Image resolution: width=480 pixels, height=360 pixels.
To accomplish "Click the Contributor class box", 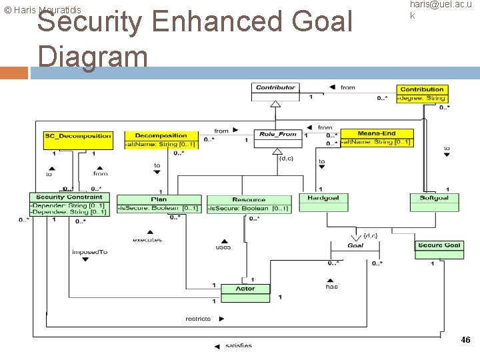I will click(275, 91).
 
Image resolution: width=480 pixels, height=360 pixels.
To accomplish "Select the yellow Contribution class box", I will click(421, 93).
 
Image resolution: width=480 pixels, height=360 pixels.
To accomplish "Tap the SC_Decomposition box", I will click(77, 139).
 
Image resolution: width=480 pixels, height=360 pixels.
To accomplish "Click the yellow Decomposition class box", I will click(161, 139).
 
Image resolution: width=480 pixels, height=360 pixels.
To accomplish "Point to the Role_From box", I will click(277, 138).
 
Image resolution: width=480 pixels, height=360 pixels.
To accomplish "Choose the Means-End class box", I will click(376, 137).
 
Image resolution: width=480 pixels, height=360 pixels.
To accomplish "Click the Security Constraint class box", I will click(69, 205).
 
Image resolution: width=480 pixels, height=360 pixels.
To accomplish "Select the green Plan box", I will click(159, 203).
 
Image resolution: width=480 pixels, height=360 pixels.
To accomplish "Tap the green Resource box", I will click(249, 203).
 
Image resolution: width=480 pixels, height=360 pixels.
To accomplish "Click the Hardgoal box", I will click(323, 202).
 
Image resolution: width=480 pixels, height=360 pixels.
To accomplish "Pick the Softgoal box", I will click(434, 202).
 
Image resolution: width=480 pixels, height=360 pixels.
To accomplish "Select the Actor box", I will click(245, 289).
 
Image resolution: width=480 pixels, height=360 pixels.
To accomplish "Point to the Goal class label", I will click(355, 245).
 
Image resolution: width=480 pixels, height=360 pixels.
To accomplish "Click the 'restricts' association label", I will click(198, 319).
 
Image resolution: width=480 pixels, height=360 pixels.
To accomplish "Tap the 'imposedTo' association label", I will click(89, 252).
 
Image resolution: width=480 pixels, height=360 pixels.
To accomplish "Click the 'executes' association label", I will click(147, 240).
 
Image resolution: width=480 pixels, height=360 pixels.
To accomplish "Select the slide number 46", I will click(465, 340).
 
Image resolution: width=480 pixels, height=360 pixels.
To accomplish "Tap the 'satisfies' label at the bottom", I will click(239, 345).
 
